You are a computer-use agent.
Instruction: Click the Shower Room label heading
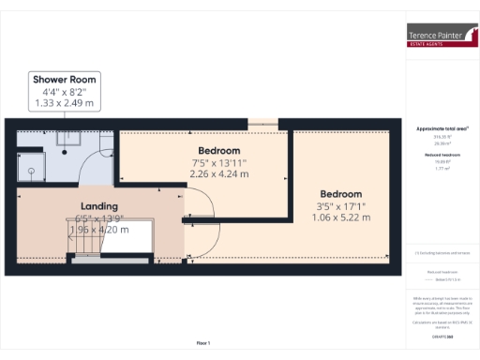tap(64, 80)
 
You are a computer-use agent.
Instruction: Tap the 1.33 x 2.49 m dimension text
tap(64, 102)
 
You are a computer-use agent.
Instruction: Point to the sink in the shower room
tap(69, 138)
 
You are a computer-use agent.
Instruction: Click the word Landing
tap(98, 206)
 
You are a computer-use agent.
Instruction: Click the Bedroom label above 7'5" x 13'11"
tap(218, 151)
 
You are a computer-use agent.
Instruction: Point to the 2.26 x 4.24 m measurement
tap(218, 173)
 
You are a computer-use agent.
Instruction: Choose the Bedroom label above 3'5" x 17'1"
tap(340, 194)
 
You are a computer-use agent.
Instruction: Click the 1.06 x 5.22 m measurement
tap(340, 217)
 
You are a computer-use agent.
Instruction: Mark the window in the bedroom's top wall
tap(262, 121)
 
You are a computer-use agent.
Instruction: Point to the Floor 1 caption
tap(203, 343)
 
